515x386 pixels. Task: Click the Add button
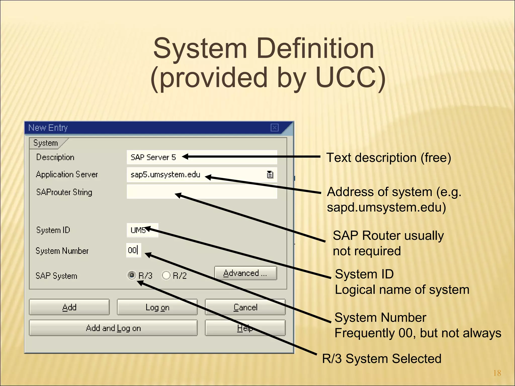pyautogui.click(x=69, y=307)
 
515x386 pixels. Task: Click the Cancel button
pyautogui.click(x=245, y=307)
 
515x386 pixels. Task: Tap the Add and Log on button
pyautogui.click(x=113, y=328)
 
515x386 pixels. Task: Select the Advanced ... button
pyautogui.click(x=245, y=273)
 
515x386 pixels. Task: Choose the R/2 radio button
pyautogui.click(x=166, y=275)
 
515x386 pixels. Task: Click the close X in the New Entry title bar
pyautogui.click(x=274, y=128)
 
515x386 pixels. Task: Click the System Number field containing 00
pyautogui.click(x=133, y=250)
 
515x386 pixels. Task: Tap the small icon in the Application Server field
pyautogui.click(x=270, y=174)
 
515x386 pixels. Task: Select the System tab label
pyautogui.click(x=46, y=143)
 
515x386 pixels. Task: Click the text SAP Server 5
pyautogui.click(x=153, y=158)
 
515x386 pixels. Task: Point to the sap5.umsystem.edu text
pyautogui.click(x=165, y=175)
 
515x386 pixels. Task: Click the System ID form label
pyautogui.click(x=53, y=230)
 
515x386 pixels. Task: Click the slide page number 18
pyautogui.click(x=497, y=373)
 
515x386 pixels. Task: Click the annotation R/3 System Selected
pyautogui.click(x=381, y=359)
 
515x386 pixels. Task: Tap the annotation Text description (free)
pyautogui.click(x=389, y=158)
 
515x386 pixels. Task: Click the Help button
pyautogui.click(x=245, y=328)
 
